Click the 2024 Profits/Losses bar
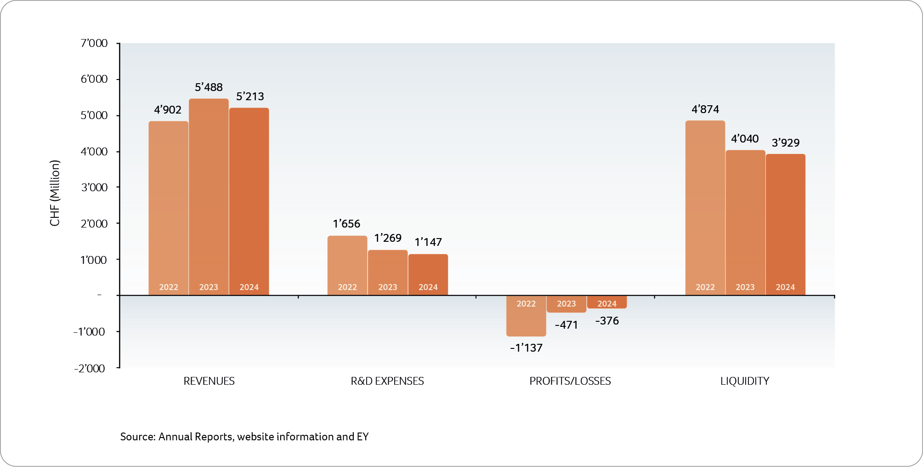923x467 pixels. click(607, 303)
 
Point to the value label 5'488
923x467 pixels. click(209, 87)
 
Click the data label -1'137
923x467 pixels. click(526, 348)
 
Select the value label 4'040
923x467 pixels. click(745, 139)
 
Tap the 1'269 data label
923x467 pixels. click(388, 238)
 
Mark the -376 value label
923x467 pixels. click(607, 321)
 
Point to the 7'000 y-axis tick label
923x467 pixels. click(94, 43)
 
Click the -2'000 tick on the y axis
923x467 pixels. click(90, 368)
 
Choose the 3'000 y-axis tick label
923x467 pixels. click(94, 188)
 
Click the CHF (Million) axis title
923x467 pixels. click(55, 193)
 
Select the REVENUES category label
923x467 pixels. click(209, 381)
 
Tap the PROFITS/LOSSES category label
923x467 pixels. click(570, 381)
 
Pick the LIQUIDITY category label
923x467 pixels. click(744, 381)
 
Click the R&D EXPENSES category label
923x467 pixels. click(387, 381)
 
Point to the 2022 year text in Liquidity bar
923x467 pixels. click(705, 287)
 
